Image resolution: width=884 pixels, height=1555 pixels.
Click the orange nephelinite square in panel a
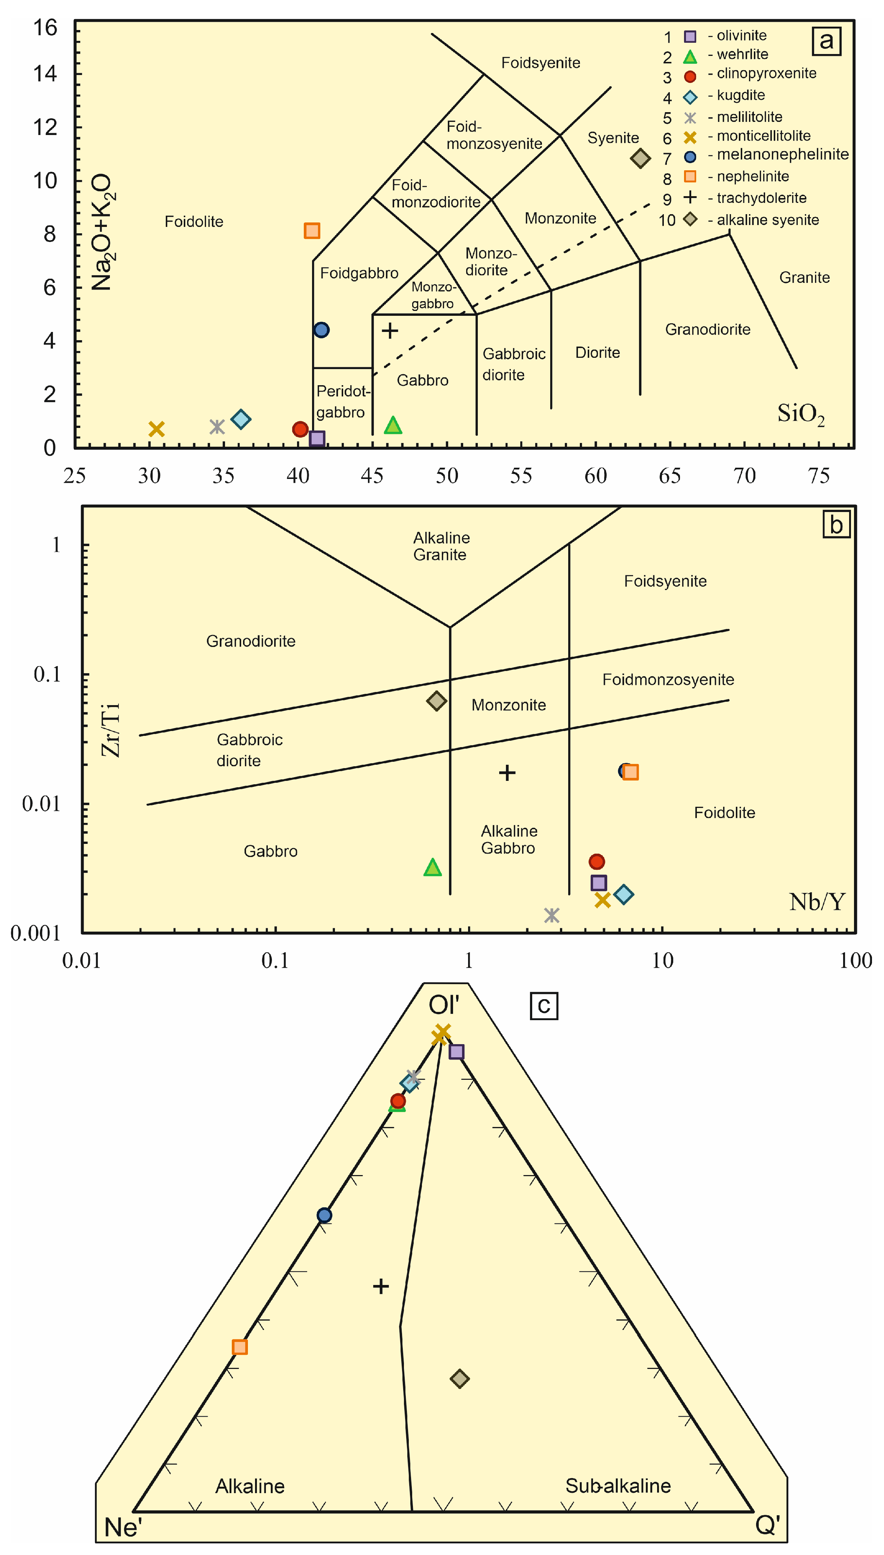coord(311,231)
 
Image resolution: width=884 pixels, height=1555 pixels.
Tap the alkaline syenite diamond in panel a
coord(640,158)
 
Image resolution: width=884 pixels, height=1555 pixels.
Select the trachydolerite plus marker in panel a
coord(390,331)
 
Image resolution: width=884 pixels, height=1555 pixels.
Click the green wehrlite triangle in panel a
coord(393,425)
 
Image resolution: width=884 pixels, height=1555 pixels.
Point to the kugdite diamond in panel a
coord(241,419)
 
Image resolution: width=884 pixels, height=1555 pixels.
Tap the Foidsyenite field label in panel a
coord(540,63)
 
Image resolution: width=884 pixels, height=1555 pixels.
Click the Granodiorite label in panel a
coord(707,330)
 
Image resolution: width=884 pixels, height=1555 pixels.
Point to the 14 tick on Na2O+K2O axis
coord(45,74)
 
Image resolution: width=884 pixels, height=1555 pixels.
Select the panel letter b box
coord(836,524)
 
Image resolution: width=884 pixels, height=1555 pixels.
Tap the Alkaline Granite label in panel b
coord(441,546)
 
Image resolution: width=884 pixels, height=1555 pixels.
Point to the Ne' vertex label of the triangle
coord(123,1527)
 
